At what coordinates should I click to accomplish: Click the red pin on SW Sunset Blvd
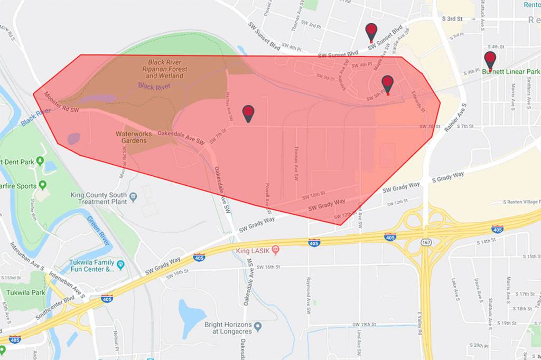pyautogui.click(x=371, y=31)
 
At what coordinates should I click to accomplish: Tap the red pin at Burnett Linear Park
pyautogui.click(x=490, y=60)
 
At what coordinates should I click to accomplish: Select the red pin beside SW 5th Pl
pyautogui.click(x=387, y=83)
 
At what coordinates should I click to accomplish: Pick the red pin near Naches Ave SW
pyautogui.click(x=248, y=112)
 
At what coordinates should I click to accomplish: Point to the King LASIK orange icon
pyautogui.click(x=275, y=249)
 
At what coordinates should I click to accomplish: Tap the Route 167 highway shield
pyautogui.click(x=425, y=242)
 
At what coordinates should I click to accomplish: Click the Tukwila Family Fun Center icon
pyautogui.click(x=120, y=263)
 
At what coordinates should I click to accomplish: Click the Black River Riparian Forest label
pyautogui.click(x=165, y=69)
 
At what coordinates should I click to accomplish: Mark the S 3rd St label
pyautogui.click(x=452, y=18)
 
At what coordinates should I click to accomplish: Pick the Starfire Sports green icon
pyautogui.click(x=42, y=186)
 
